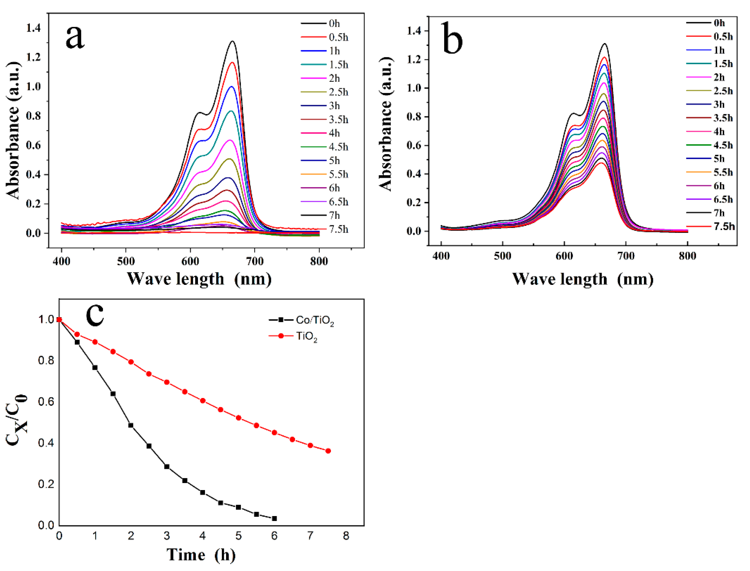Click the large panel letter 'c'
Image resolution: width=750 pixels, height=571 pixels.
[95, 315]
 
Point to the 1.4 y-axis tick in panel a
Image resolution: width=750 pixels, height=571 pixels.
[33, 28]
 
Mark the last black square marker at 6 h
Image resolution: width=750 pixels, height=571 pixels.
[274, 519]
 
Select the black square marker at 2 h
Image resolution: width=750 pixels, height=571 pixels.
[131, 425]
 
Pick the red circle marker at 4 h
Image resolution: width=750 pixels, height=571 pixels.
[203, 401]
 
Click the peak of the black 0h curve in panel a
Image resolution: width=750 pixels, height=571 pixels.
[233, 42]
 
